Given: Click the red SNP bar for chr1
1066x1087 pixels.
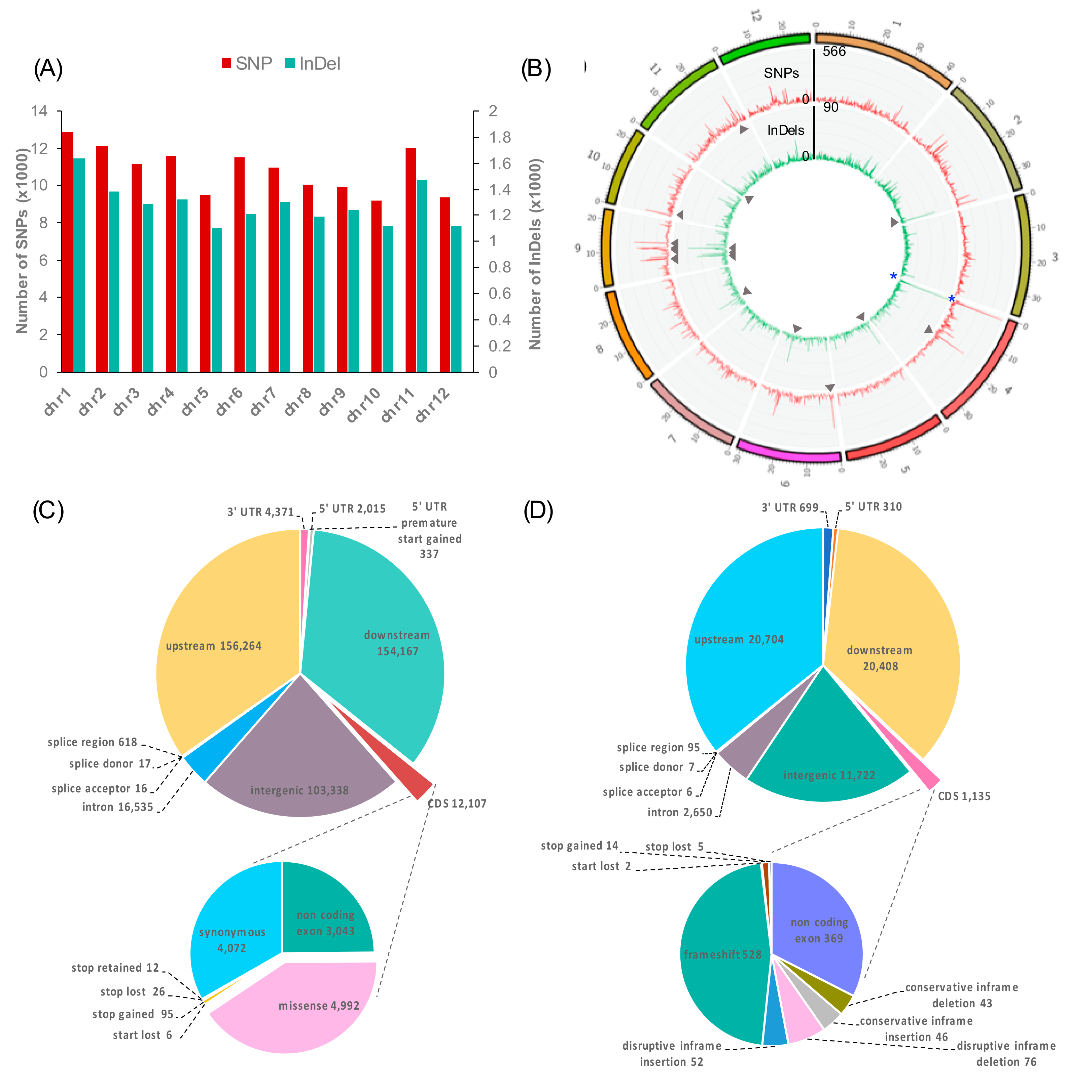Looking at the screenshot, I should (x=67, y=252).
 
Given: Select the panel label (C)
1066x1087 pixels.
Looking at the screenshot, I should (x=48, y=511).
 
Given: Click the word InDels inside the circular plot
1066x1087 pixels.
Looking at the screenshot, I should (x=785, y=130).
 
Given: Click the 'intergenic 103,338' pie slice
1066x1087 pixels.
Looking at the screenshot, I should (x=299, y=773).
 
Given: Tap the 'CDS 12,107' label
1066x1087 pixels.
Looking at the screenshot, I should (x=457, y=804).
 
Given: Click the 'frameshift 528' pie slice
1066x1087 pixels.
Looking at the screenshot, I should (x=722, y=954).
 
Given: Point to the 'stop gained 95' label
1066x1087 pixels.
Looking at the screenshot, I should (x=133, y=1014).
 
